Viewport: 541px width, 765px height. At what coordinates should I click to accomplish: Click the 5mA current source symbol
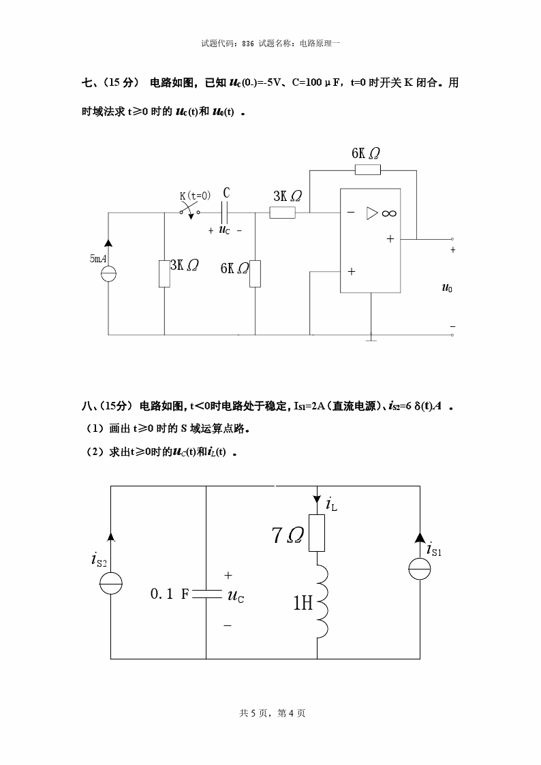[108, 274]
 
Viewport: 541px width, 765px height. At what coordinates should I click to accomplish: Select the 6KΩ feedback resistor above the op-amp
[367, 170]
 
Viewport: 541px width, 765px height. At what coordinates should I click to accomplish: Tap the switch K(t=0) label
[195, 196]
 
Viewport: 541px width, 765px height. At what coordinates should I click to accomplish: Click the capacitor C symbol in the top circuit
[226, 213]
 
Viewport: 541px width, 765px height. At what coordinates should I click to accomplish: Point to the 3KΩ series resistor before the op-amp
[282, 213]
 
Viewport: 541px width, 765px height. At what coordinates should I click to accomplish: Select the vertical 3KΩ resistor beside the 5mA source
[164, 273]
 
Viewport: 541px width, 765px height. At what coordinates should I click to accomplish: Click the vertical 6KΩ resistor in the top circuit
[255, 273]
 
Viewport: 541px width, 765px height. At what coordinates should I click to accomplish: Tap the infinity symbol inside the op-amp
[389, 213]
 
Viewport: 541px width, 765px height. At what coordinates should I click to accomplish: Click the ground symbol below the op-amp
[371, 338]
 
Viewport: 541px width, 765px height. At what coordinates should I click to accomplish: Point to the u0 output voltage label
[447, 288]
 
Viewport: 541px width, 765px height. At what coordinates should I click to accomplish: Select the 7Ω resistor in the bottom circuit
[317, 533]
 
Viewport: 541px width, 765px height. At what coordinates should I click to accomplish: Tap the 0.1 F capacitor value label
[169, 594]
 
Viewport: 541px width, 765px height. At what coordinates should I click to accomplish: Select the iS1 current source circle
[420, 569]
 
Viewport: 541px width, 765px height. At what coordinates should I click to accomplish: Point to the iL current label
[331, 505]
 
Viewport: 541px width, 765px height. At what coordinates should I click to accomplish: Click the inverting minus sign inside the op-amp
[351, 213]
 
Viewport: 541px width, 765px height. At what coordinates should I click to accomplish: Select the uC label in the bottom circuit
[236, 597]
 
